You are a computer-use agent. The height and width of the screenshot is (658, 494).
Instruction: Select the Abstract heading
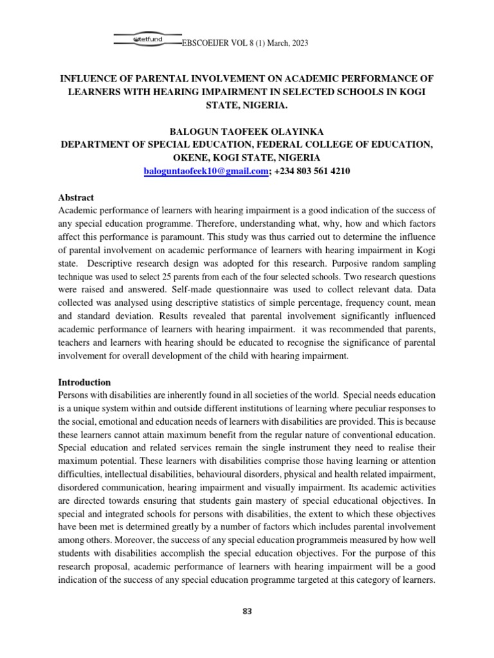(75, 198)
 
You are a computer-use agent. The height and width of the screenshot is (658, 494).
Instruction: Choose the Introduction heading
(84, 382)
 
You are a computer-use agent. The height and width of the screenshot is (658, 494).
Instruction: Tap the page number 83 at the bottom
(247, 611)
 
